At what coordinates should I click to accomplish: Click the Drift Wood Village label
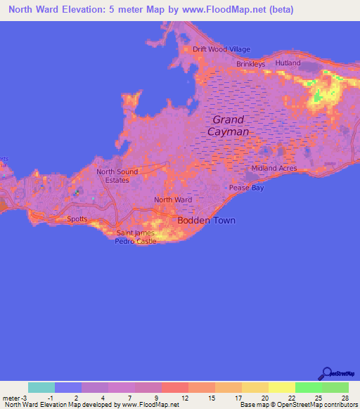[221, 49]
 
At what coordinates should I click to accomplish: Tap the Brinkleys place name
[250, 64]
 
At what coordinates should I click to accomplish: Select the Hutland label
[288, 63]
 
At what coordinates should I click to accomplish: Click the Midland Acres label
[274, 169]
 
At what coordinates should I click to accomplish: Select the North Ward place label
[173, 200]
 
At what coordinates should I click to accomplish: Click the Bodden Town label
[205, 221]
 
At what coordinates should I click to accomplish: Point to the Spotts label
[78, 219]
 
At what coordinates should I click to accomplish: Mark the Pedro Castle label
[136, 241]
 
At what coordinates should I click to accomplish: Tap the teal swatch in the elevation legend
[41, 387]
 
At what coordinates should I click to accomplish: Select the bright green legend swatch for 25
[308, 387]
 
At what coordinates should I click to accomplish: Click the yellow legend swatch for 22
[281, 387]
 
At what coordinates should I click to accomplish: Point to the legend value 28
[345, 397]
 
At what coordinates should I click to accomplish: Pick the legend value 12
[185, 397]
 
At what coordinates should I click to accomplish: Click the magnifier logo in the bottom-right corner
[327, 374]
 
